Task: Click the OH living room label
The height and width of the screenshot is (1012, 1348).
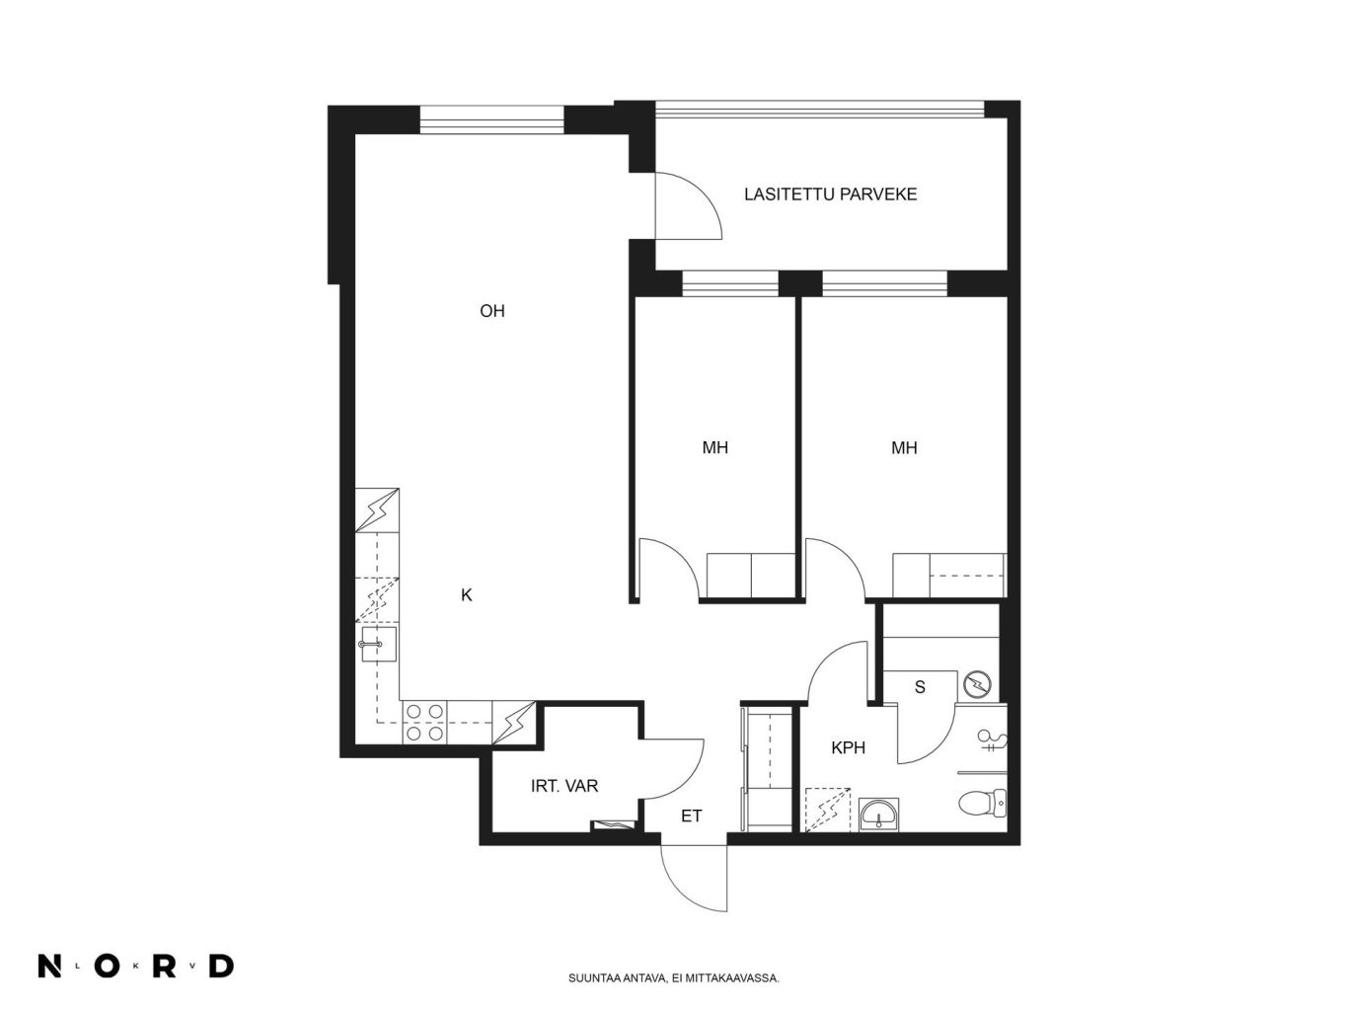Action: coord(491,311)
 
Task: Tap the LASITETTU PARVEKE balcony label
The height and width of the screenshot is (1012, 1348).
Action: coord(830,195)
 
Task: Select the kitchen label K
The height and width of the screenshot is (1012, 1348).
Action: coord(466,594)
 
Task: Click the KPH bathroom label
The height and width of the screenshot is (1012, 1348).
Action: coord(848,747)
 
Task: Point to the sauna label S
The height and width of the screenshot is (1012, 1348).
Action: coord(920,687)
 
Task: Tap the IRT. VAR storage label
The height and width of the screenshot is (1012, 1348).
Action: coord(564,786)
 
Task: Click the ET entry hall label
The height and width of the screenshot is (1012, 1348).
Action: coord(691,816)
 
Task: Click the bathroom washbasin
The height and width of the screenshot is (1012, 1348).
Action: coord(878,816)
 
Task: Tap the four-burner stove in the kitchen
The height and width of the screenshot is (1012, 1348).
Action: coord(424,723)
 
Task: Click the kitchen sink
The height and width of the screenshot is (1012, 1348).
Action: coord(378,644)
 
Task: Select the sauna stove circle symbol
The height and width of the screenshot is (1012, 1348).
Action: coord(976,684)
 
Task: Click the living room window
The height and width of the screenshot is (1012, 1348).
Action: coord(491,119)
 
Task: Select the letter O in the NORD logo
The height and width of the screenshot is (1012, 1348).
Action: coord(107,966)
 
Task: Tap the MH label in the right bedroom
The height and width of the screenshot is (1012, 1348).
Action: coord(904,448)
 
